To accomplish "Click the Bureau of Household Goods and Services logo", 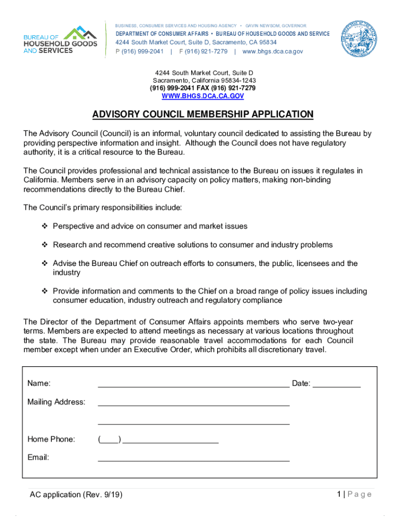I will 60,40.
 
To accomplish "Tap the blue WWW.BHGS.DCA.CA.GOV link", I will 203,96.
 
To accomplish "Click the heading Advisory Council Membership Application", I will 203,114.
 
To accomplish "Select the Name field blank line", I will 193,385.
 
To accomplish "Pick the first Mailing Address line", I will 193,403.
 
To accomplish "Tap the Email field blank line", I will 193,459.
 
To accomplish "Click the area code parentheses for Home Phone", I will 109,440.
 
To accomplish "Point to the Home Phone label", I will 51,440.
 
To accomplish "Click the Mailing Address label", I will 56,402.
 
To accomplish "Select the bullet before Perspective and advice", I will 45,227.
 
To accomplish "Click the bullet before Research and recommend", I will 45,245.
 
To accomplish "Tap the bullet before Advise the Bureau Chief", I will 45,263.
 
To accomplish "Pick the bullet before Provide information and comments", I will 45,291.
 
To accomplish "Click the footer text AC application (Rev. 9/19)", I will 76,495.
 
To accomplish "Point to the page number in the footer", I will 339,494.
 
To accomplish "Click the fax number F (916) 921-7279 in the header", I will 203,51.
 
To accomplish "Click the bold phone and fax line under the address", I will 203,88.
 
